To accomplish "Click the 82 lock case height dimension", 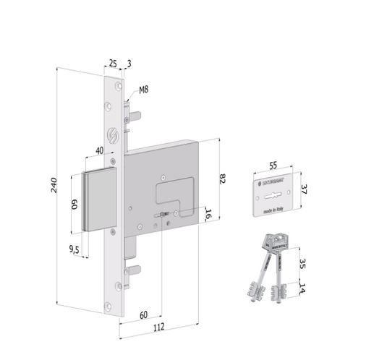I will (x=224, y=178).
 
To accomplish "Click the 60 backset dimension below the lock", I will (x=143, y=314).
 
